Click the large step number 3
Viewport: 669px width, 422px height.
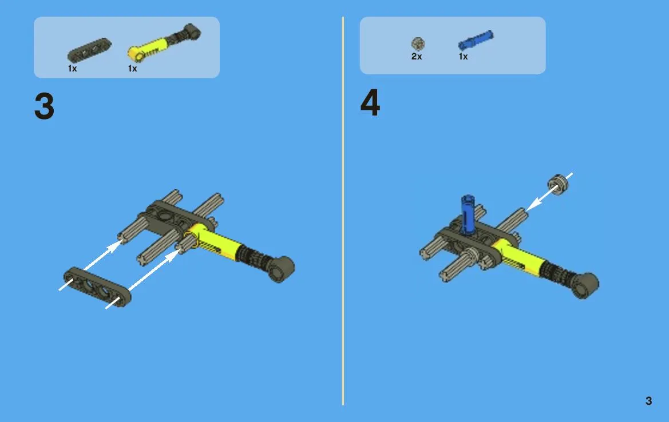pos(45,106)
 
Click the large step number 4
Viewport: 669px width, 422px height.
pos(370,102)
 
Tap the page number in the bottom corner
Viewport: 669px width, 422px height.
pos(648,401)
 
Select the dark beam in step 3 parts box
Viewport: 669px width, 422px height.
pos(89,50)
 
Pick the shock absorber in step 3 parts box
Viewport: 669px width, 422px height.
pos(164,42)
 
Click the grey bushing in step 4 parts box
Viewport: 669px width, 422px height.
pos(418,43)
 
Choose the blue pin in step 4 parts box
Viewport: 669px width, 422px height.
pos(476,40)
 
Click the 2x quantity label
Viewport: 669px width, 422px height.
pos(417,56)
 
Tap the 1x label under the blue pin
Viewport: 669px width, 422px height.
pos(464,56)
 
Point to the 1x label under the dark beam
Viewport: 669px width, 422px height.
pos(73,68)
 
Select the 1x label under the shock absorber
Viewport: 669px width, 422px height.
pos(133,68)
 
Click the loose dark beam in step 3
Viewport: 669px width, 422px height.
pos(97,287)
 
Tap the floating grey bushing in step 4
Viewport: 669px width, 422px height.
pos(559,185)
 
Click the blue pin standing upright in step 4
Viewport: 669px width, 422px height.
pos(468,214)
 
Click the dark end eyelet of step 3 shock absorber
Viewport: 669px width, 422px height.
pos(281,269)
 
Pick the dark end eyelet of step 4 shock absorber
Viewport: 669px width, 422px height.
pos(585,285)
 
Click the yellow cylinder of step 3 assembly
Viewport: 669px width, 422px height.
pos(215,240)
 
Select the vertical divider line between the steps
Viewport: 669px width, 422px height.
pos(343,210)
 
